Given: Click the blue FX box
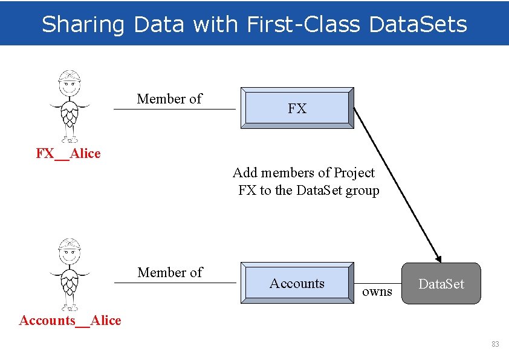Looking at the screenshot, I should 297,108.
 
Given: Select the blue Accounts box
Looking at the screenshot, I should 297,283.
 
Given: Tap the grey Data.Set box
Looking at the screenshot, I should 441,283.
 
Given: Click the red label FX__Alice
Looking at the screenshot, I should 68,154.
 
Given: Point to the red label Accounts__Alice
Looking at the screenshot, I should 70,321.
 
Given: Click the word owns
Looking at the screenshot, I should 377,292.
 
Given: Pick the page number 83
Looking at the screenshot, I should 495,344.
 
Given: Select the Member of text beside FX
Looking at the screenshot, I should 169,99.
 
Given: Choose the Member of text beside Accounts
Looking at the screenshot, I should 170,272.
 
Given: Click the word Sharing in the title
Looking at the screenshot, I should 83,24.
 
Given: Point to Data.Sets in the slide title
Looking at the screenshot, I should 417,24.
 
